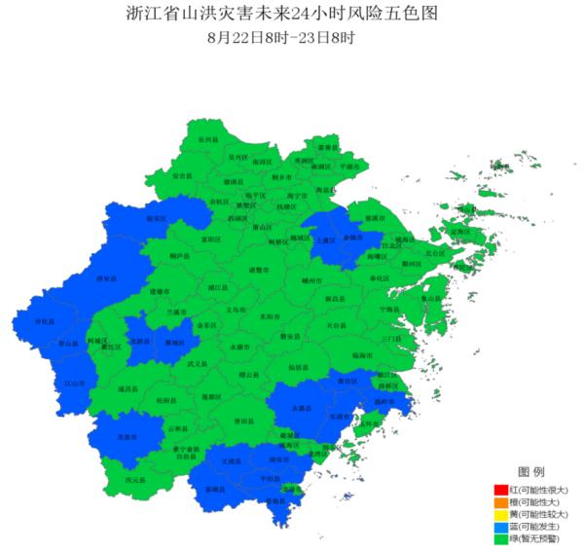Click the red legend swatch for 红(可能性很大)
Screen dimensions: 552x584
(500, 489)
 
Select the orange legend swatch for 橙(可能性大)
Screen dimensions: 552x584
(500, 501)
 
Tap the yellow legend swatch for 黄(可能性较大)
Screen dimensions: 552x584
(500, 514)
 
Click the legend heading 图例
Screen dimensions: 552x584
(530, 471)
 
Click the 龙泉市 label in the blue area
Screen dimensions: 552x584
(127, 437)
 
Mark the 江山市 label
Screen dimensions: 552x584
(73, 383)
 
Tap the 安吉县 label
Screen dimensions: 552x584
(182, 176)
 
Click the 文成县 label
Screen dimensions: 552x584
(230, 462)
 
